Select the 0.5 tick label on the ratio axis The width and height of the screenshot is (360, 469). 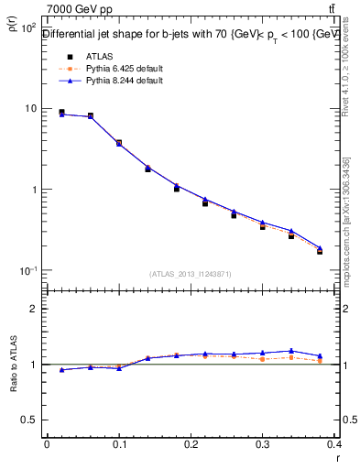click(x=30, y=420)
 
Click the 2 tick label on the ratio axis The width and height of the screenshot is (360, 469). click(x=34, y=309)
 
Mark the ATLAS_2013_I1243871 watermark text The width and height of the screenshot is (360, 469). click(x=191, y=274)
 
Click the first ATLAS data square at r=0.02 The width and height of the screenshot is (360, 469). click(x=61, y=113)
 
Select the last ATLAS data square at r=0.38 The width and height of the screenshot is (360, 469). click(x=320, y=251)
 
